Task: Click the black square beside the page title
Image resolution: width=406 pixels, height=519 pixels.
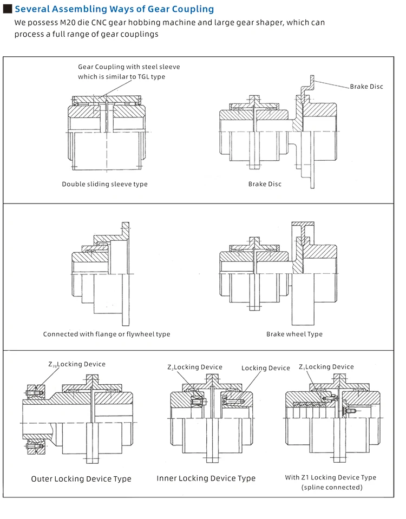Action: (7, 9)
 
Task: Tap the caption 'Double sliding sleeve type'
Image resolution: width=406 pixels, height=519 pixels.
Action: (104, 184)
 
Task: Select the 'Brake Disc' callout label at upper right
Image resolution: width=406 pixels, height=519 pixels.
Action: (366, 87)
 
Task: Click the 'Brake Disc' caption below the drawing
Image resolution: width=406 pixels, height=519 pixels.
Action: (265, 184)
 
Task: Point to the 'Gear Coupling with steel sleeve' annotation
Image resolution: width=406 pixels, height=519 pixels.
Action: (129, 67)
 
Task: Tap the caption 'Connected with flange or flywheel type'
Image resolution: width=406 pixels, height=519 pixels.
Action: (107, 334)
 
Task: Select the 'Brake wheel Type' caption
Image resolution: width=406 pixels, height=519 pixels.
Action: (294, 334)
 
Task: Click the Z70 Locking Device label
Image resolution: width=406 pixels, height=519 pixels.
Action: (77, 364)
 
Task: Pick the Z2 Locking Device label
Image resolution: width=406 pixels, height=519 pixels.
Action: (195, 367)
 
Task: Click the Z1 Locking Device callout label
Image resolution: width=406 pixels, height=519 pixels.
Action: (326, 367)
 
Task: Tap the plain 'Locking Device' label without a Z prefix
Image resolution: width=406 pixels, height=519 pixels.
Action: (266, 368)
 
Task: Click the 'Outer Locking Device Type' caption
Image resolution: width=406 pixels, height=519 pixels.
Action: (81, 478)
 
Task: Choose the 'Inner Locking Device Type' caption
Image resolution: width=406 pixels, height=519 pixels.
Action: (206, 478)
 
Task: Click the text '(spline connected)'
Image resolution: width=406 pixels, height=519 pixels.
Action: (332, 487)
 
